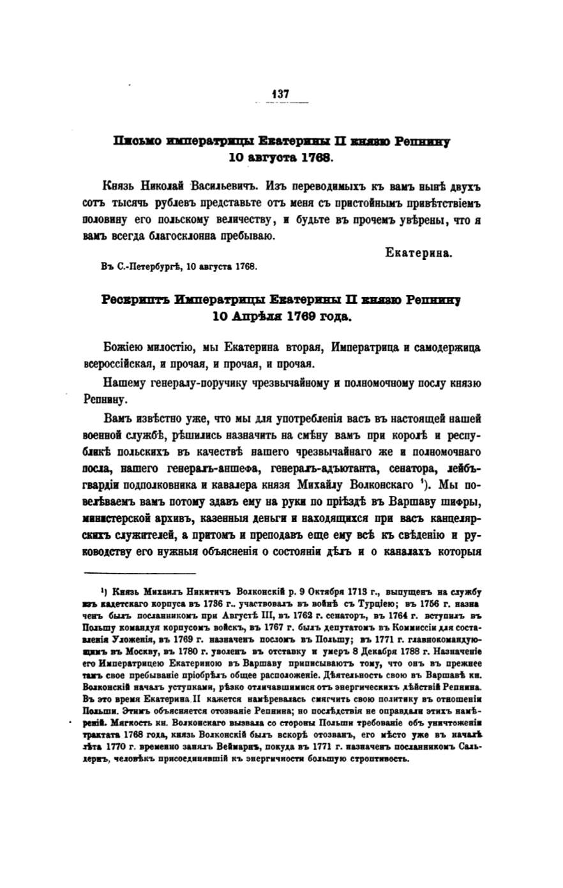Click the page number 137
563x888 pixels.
pos(281,94)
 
